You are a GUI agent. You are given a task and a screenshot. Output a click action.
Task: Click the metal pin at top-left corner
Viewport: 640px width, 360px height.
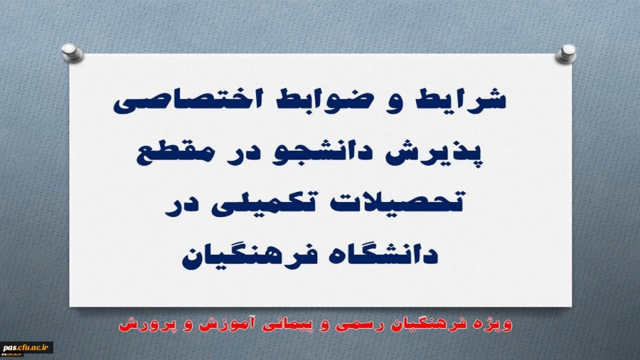(x=69, y=51)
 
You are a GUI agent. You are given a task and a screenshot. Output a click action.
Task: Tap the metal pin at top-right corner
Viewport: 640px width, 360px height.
(x=569, y=51)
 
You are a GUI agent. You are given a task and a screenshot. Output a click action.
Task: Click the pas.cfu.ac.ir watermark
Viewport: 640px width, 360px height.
(x=27, y=349)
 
